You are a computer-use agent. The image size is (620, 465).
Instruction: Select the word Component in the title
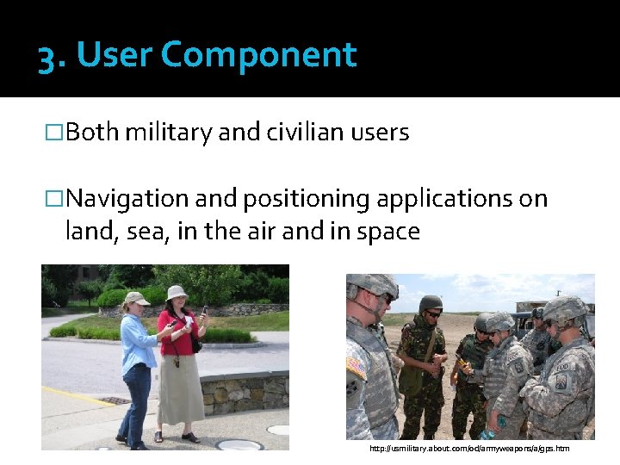[258, 56]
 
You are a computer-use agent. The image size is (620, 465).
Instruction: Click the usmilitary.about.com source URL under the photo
[469, 449]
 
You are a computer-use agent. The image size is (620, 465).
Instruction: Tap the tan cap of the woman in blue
[135, 298]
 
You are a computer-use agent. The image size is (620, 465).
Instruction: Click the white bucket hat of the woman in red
[177, 292]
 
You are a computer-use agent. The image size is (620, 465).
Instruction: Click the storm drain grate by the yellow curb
[113, 400]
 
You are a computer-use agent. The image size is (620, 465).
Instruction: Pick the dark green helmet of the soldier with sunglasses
[430, 303]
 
